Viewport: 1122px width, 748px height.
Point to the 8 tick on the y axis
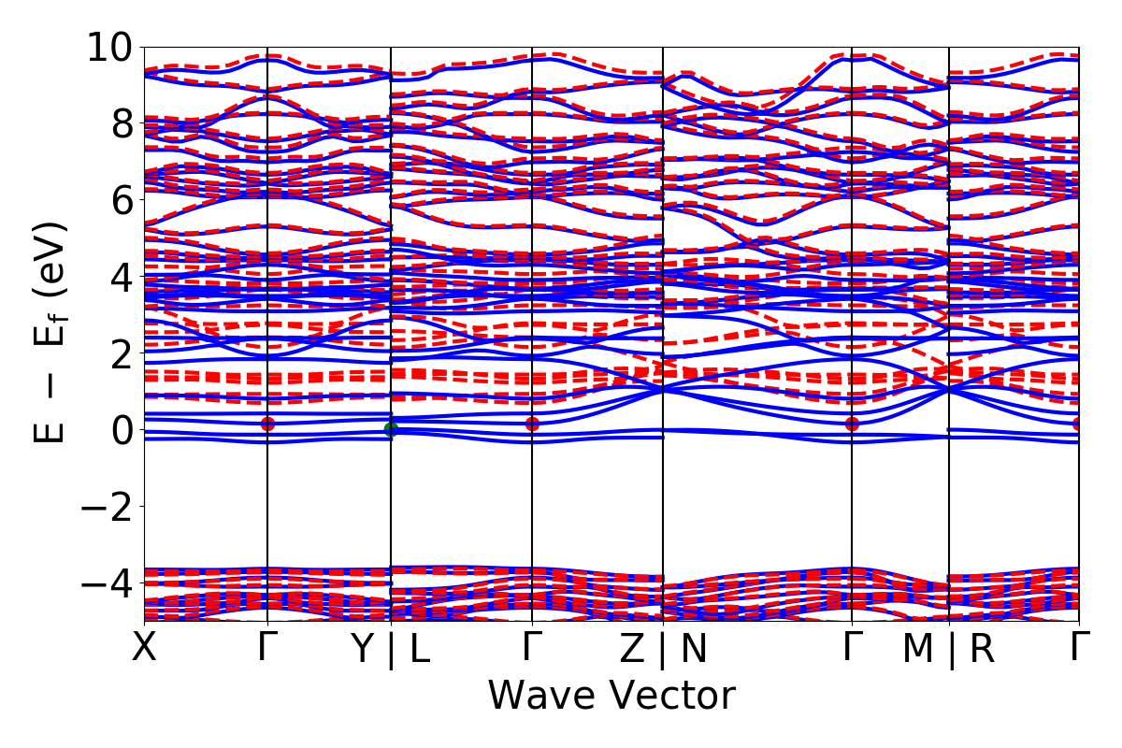click(x=119, y=123)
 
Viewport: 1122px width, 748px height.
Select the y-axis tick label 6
click(x=119, y=200)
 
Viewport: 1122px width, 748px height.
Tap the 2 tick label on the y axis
click(x=119, y=353)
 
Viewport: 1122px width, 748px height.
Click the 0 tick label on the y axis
click(x=119, y=430)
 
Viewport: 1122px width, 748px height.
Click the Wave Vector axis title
click(x=611, y=697)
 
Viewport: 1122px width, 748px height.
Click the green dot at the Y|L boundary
click(x=391, y=429)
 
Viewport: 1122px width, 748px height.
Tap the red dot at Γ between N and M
click(x=852, y=424)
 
